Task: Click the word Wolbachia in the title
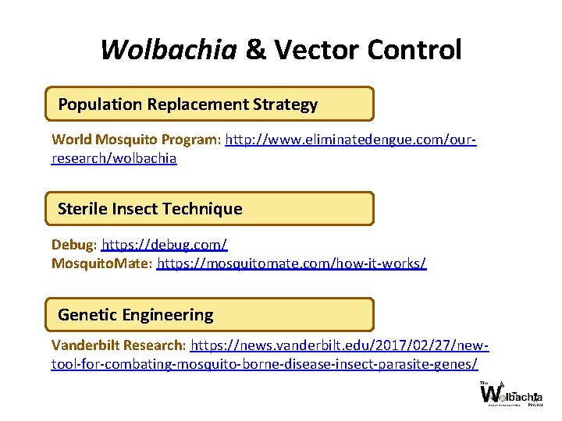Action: click(169, 50)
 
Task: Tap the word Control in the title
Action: click(415, 50)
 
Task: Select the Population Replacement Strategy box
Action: click(209, 104)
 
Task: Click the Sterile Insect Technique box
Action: click(209, 209)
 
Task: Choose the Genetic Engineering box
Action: click(209, 315)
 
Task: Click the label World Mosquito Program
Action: click(137, 140)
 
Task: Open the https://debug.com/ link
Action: click(164, 245)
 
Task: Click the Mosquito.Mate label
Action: click(101, 264)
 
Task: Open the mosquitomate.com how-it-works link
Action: click(291, 264)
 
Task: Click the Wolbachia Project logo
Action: click(511, 394)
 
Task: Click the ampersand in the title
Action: click(255, 50)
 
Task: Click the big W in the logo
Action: click(492, 394)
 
